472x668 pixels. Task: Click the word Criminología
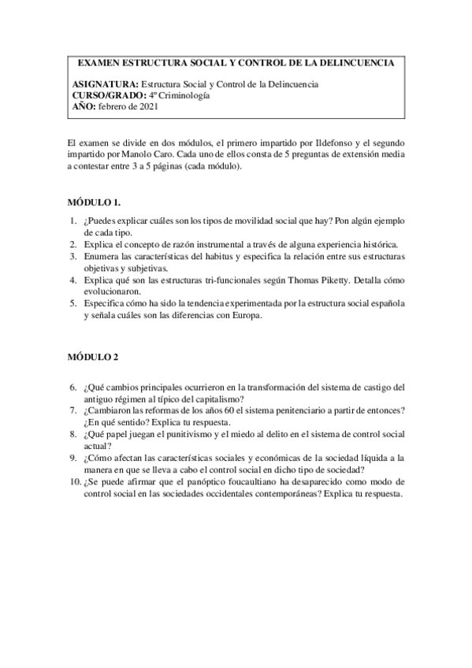click(x=191, y=95)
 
